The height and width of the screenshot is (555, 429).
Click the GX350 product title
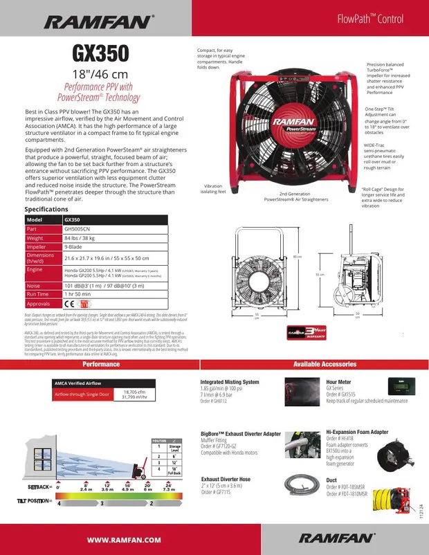(101, 53)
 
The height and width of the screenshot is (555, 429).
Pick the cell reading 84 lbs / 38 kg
(80, 238)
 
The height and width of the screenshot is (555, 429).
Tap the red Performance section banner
(101, 364)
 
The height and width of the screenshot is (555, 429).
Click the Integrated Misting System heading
(230, 382)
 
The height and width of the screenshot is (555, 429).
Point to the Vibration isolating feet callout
(213, 189)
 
